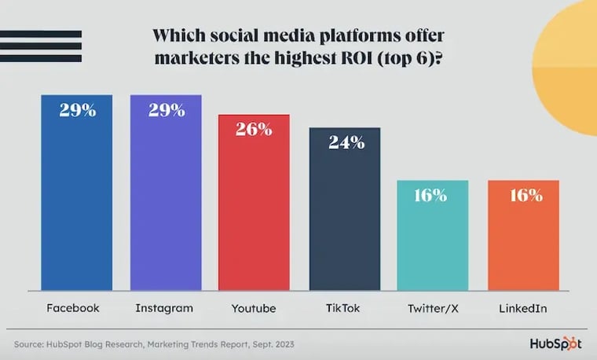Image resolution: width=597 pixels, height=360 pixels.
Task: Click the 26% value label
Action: [255, 129]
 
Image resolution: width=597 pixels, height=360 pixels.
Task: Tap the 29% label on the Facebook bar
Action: [78, 110]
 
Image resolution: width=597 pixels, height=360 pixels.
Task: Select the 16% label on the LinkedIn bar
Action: [523, 196]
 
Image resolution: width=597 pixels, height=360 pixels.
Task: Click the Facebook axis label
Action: [73, 308]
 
